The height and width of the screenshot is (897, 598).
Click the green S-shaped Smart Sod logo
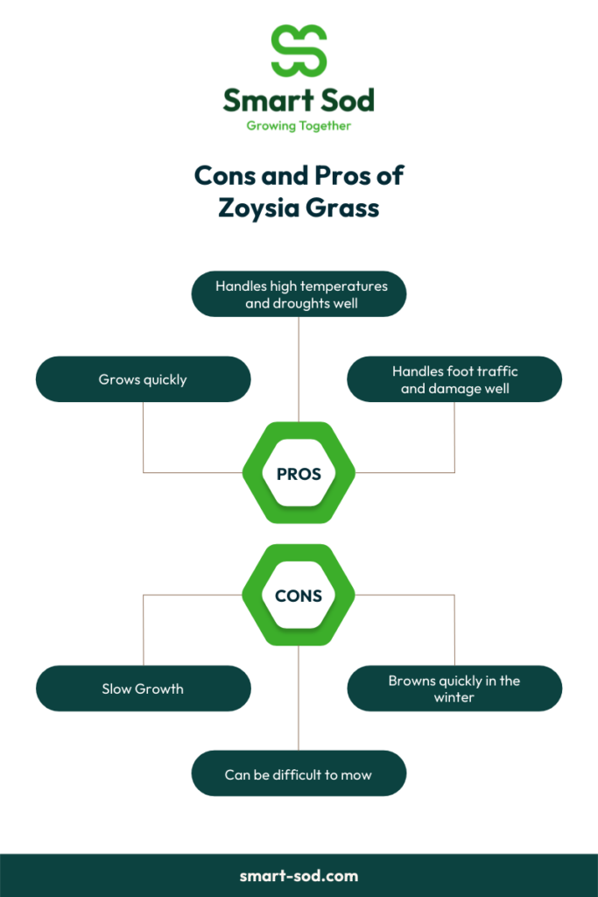(x=299, y=50)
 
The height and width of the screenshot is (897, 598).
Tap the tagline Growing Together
(x=299, y=126)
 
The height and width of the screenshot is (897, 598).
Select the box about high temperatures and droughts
(x=299, y=294)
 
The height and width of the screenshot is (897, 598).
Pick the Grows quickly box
(x=143, y=379)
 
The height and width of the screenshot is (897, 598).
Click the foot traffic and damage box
(x=454, y=379)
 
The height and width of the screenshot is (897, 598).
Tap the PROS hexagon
(x=299, y=472)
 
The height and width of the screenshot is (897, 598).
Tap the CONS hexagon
(x=299, y=595)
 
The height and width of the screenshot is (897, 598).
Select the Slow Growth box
(x=143, y=689)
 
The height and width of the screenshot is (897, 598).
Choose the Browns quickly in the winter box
(x=454, y=689)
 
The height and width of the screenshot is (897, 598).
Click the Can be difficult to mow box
(x=299, y=773)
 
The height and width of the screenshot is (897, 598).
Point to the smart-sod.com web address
(x=299, y=876)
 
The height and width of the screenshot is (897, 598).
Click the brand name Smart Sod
(x=299, y=100)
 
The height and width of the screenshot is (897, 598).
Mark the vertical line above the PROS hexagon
(x=299, y=370)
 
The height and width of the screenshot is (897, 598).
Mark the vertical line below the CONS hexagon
(x=299, y=698)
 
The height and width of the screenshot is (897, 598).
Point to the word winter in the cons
(x=454, y=697)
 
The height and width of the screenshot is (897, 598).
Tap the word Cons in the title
(x=225, y=175)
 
